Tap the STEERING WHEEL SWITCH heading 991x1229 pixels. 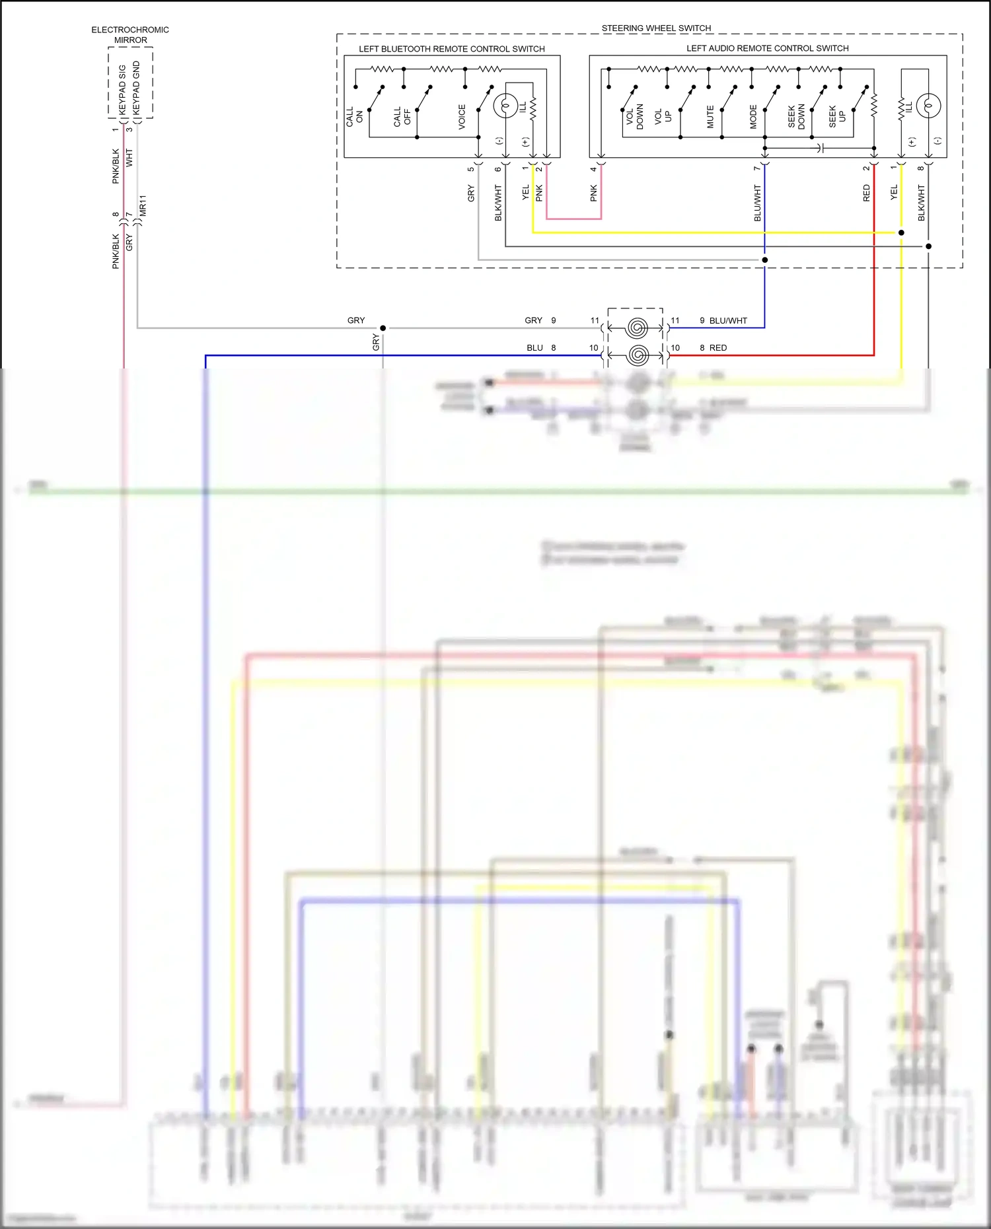pos(656,28)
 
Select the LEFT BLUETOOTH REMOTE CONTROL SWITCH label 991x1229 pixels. pos(451,49)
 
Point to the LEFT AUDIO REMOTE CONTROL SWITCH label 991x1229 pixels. pos(767,48)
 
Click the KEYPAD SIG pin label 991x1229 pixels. pos(122,89)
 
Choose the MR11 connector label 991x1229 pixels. pos(143,205)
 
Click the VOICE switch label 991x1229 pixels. pos(462,116)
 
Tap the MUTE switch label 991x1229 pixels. pos(710,116)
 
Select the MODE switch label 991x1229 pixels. pos(753,116)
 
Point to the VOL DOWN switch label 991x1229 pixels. pos(634,116)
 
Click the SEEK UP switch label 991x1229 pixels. pos(837,116)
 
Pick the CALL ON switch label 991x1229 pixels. pos(354,117)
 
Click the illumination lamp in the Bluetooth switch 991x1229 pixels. pos(505,105)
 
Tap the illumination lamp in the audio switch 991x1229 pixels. pos(928,105)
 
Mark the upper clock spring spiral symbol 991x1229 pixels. pos(637,328)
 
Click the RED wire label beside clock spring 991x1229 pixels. pos(718,348)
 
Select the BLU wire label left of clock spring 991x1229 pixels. pos(534,348)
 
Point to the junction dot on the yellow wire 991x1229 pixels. pos(901,232)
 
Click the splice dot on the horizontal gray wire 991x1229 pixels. pos(383,328)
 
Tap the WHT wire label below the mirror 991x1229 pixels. pos(129,157)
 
